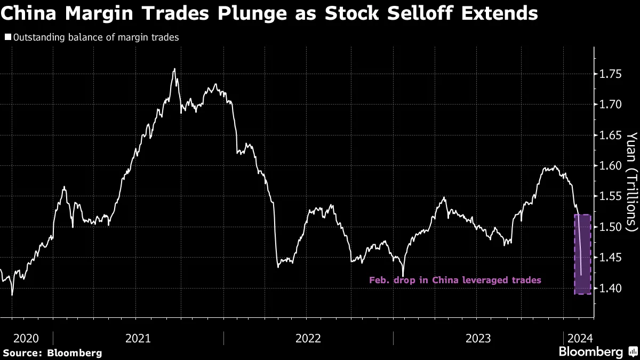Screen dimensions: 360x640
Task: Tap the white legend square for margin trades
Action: coord(7,38)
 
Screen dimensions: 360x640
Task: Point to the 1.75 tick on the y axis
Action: coord(611,74)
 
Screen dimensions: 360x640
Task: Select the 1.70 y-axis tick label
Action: coord(611,105)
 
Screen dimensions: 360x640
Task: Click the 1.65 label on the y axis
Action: coord(611,135)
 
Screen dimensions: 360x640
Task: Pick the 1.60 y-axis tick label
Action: coord(611,166)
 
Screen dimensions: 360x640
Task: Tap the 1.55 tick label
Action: coord(611,197)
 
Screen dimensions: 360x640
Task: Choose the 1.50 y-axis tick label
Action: coord(611,227)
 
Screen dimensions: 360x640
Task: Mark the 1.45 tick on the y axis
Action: coord(611,258)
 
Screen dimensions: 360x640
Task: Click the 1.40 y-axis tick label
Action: coord(611,289)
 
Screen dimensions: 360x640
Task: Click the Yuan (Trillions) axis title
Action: coord(631,181)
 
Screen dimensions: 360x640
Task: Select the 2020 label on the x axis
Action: coord(26,338)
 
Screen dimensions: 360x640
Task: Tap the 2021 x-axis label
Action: coord(138,338)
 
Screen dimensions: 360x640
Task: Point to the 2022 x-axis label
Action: coord(308,338)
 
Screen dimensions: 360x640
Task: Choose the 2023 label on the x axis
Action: coord(478,338)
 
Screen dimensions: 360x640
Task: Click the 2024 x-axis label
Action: coord(579,338)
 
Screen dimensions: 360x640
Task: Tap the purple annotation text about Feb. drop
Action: coord(455,280)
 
